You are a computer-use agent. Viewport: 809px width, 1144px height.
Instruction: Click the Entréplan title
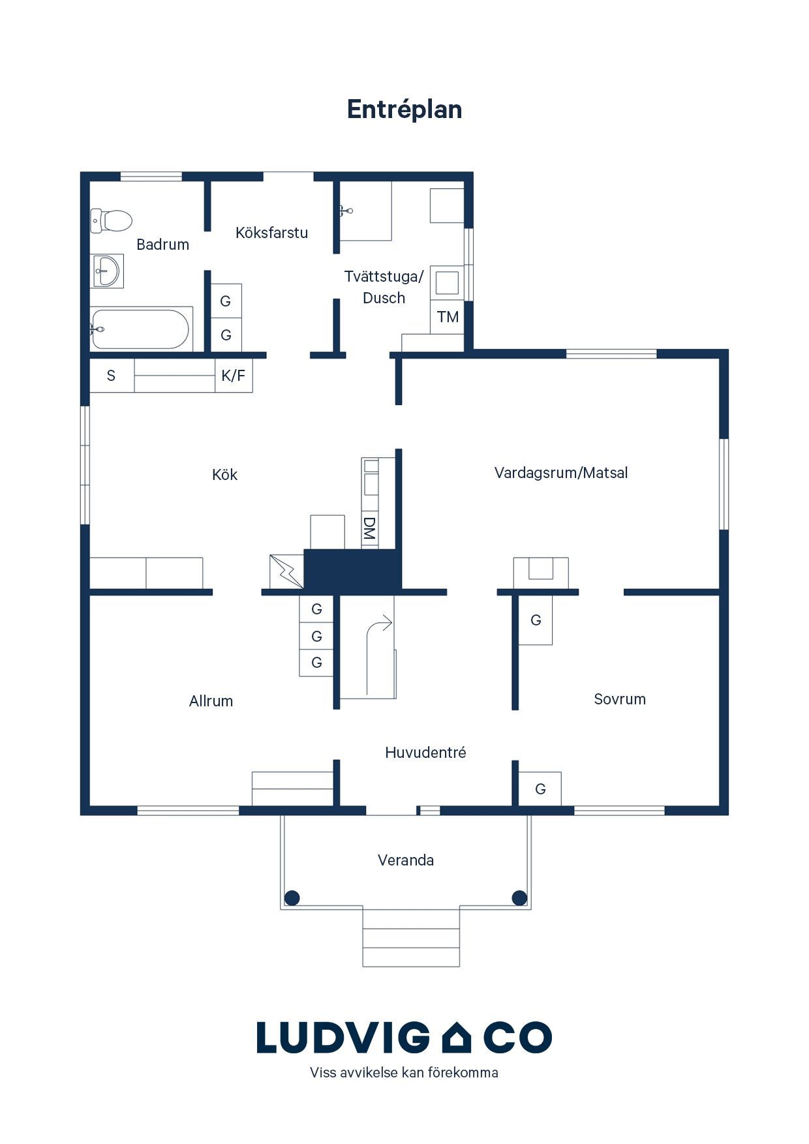pyautogui.click(x=404, y=110)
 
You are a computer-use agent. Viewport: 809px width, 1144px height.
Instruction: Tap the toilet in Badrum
pyautogui.click(x=111, y=220)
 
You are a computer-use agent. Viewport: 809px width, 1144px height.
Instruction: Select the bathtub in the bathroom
pyautogui.click(x=140, y=329)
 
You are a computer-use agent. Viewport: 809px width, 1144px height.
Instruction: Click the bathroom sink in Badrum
pyautogui.click(x=106, y=271)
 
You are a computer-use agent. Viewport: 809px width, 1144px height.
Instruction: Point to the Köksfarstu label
pyautogui.click(x=271, y=233)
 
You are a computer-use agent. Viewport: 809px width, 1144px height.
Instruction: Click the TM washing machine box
pyautogui.click(x=448, y=317)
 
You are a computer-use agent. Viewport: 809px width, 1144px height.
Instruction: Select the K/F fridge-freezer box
pyautogui.click(x=234, y=376)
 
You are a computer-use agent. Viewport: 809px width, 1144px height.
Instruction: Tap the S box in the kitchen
pyautogui.click(x=112, y=376)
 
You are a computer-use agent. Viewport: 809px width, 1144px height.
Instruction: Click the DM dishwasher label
pyautogui.click(x=369, y=529)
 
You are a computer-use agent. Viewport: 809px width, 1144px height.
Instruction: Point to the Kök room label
pyautogui.click(x=224, y=475)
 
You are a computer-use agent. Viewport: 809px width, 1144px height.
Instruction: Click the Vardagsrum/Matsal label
pyautogui.click(x=561, y=473)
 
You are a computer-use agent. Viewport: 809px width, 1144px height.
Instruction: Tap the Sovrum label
pyautogui.click(x=620, y=699)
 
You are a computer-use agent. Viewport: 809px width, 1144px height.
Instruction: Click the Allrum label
pyautogui.click(x=211, y=701)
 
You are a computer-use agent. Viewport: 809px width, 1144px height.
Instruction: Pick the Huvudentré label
pyautogui.click(x=425, y=753)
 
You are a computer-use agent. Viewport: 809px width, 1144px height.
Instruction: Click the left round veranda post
pyautogui.click(x=292, y=898)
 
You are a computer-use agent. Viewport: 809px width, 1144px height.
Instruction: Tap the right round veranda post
pyautogui.click(x=519, y=898)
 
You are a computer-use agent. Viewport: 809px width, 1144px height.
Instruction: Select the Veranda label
pyautogui.click(x=406, y=860)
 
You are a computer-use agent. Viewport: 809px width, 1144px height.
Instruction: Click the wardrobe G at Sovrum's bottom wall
pyautogui.click(x=540, y=789)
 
